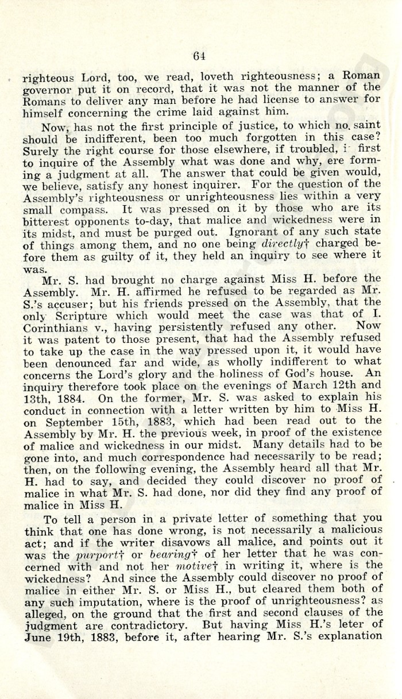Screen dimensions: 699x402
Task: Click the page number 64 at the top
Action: coord(200,56)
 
